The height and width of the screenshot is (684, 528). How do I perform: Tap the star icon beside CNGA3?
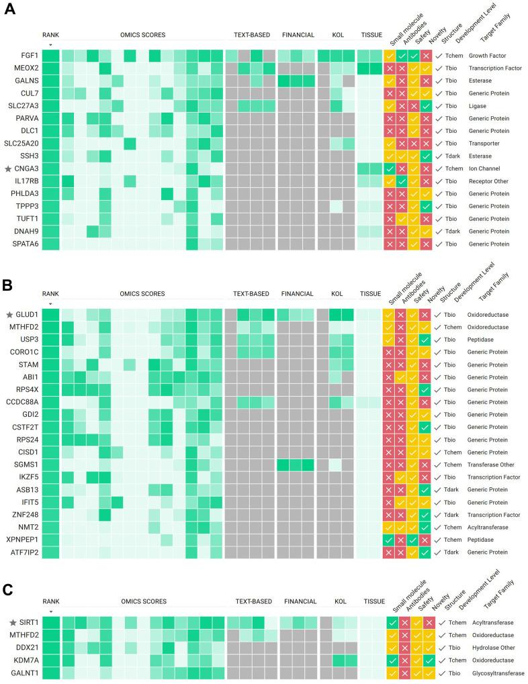coord(8,168)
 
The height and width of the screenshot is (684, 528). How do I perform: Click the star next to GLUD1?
coord(8,315)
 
